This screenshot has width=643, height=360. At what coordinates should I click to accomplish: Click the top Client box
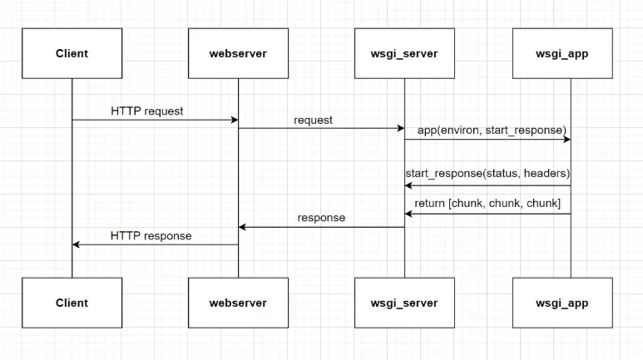click(x=72, y=53)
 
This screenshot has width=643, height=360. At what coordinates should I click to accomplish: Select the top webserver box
click(x=238, y=53)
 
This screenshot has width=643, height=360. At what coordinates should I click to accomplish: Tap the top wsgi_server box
click(x=404, y=53)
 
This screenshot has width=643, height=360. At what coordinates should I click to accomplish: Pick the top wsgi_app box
click(x=562, y=53)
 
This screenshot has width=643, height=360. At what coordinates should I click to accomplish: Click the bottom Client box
click(x=72, y=303)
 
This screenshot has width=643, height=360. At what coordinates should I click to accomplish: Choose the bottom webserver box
click(x=238, y=303)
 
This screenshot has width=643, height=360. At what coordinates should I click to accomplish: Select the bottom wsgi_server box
click(x=404, y=303)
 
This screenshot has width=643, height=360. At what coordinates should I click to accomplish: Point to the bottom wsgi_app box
click(x=562, y=303)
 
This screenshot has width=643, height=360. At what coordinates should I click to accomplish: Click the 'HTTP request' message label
click(x=146, y=111)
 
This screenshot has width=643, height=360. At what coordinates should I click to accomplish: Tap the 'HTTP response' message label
click(x=151, y=236)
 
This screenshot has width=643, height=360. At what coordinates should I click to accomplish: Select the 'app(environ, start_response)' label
click(x=492, y=131)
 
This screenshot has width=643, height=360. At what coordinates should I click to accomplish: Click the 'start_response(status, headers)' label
click(x=487, y=174)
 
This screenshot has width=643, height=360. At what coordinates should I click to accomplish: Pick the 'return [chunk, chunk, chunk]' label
click(x=487, y=204)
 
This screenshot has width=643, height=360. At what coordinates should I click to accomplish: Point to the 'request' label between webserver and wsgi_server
click(x=313, y=121)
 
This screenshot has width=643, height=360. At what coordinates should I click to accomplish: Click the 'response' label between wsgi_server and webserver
click(x=321, y=218)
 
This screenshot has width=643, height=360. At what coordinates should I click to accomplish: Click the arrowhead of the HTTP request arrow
click(x=235, y=120)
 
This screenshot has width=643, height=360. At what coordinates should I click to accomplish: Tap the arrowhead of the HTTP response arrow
click(x=76, y=244)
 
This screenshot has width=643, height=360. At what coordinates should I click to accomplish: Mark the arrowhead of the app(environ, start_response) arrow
click(x=567, y=140)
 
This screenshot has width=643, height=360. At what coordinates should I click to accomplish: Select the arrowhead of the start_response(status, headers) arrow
click(x=408, y=185)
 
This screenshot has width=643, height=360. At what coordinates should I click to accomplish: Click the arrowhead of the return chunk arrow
click(x=408, y=214)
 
